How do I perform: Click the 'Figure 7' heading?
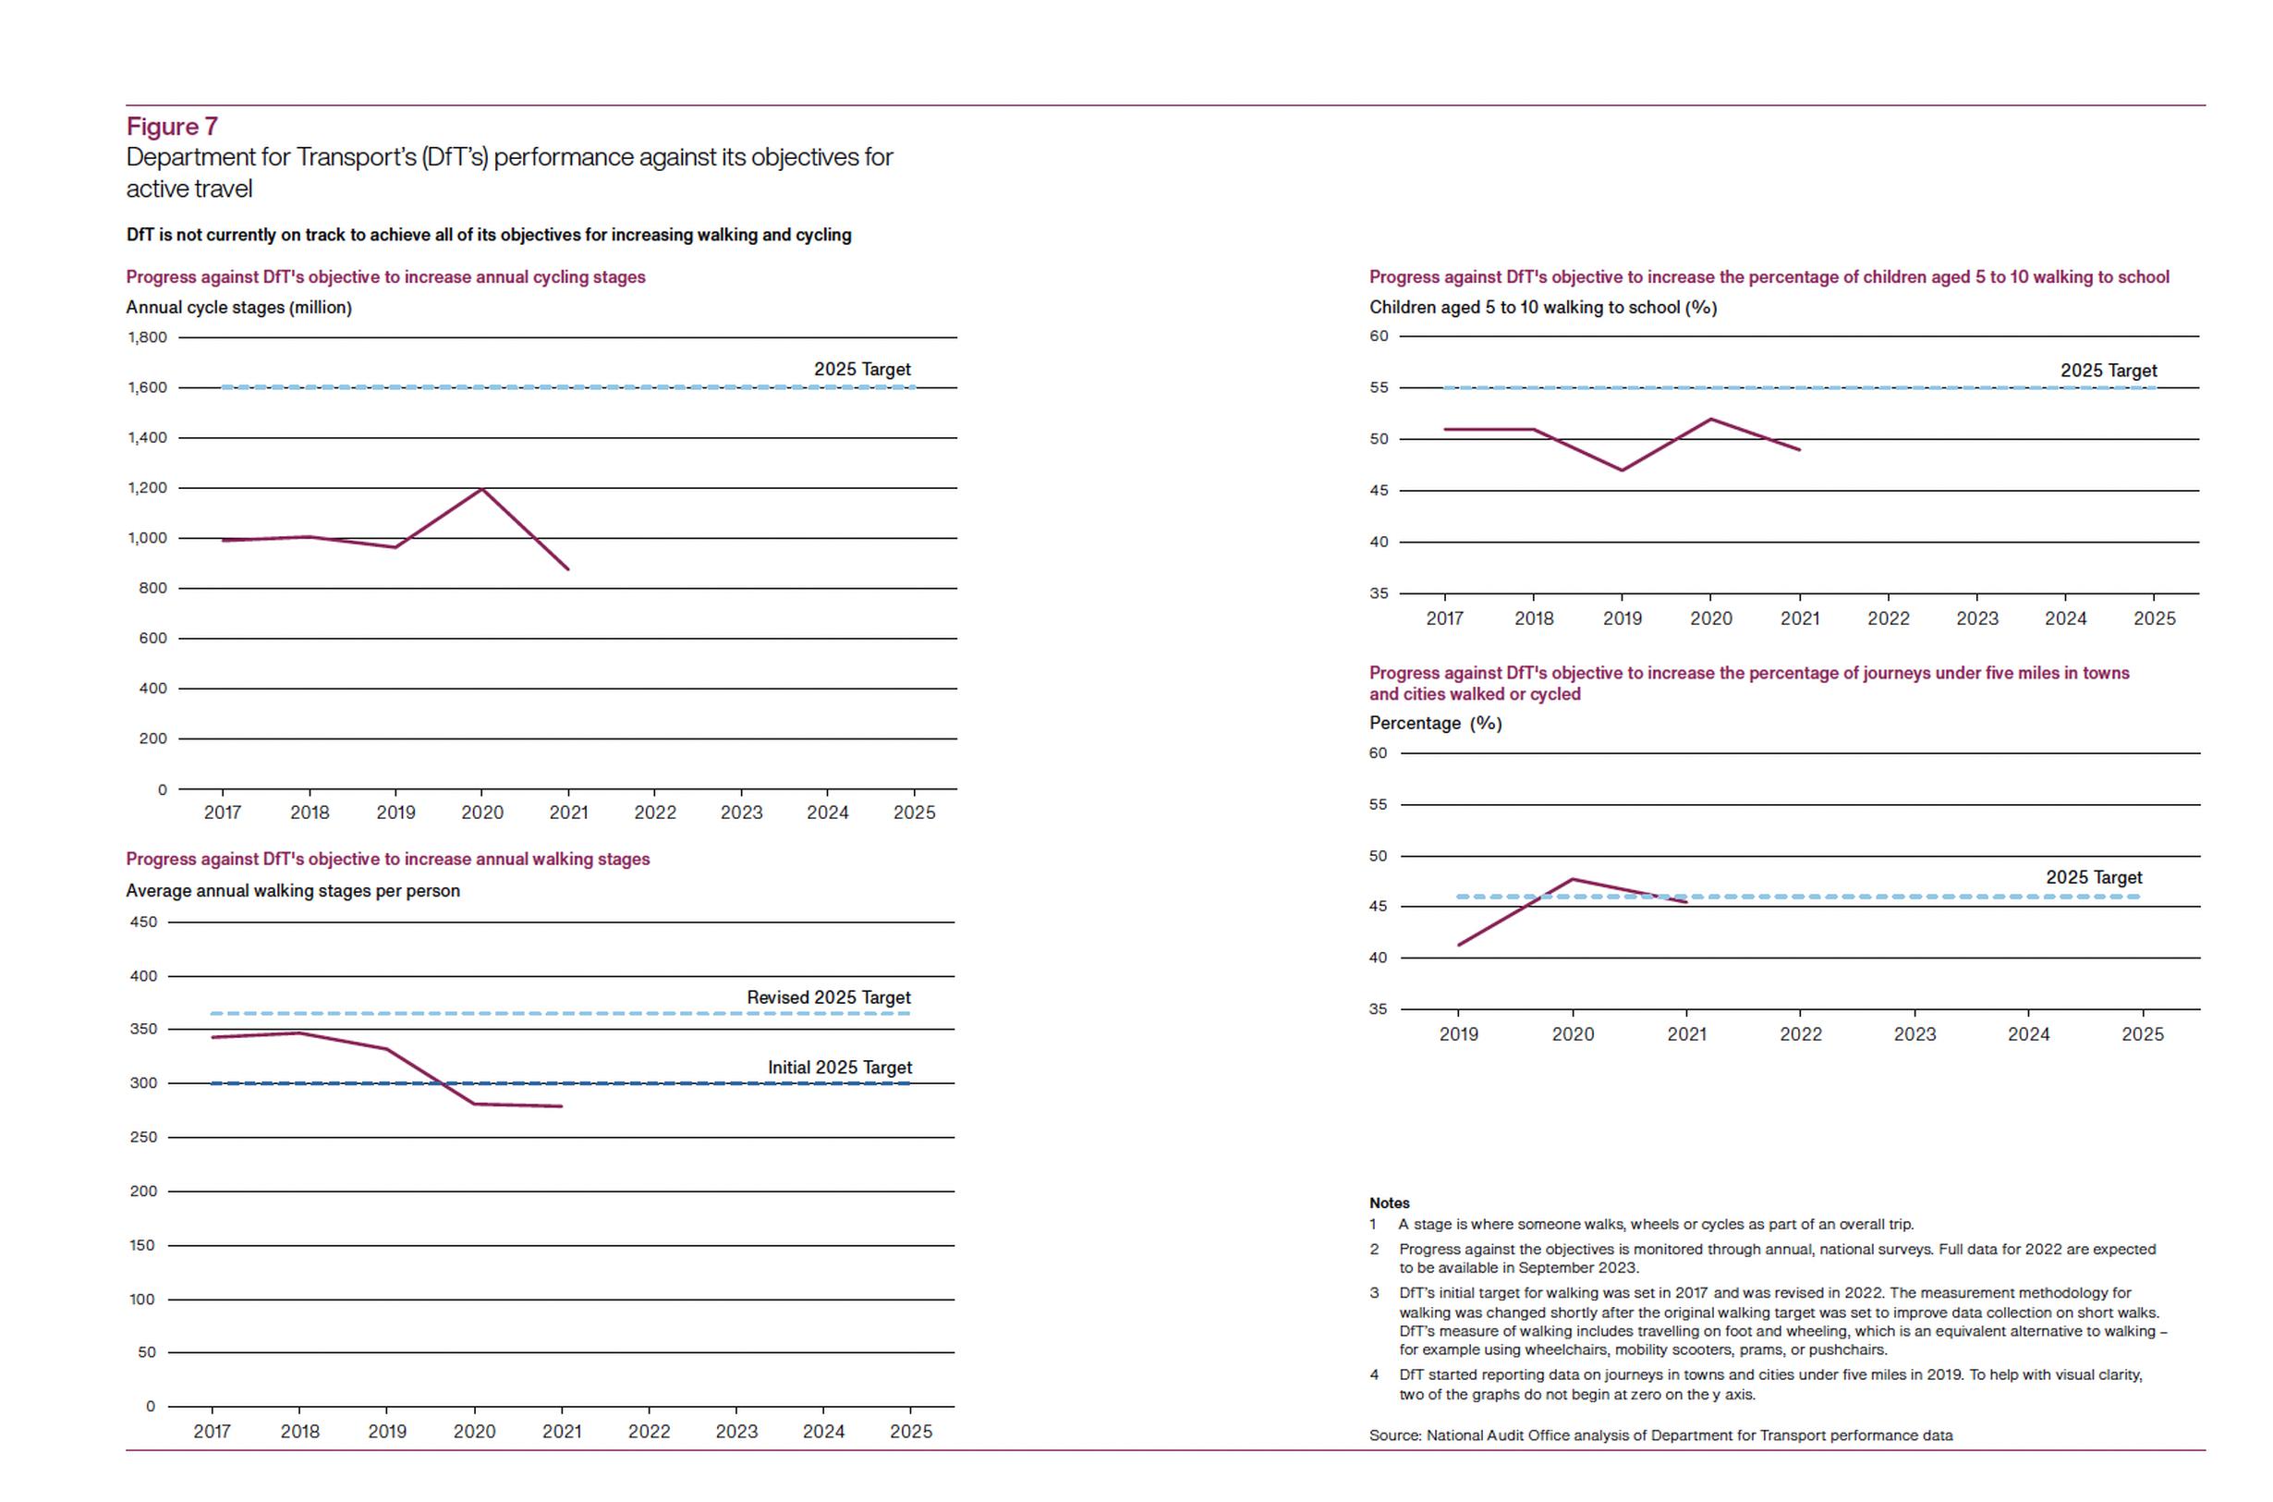coord(173,127)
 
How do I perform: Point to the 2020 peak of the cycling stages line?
coord(481,490)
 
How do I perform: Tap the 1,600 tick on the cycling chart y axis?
coord(148,388)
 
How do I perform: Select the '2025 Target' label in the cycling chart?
coord(862,369)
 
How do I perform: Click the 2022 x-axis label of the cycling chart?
coord(655,812)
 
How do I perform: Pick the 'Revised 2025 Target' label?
coord(828,997)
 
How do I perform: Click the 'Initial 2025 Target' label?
coord(840,1067)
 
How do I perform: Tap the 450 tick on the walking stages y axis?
coord(143,922)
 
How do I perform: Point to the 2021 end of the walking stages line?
coord(561,1106)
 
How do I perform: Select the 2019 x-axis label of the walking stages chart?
coord(387,1431)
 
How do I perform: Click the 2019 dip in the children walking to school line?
coord(1622,470)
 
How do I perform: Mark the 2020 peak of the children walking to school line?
coord(1711,420)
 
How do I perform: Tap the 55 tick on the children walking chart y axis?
coord(1379,388)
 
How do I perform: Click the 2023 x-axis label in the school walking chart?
coord(1977,618)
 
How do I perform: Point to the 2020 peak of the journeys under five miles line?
coord(1572,879)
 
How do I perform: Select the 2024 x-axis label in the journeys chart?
coord(2029,1034)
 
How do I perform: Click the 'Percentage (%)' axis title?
coord(1435,723)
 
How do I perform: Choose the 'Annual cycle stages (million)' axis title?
coord(239,308)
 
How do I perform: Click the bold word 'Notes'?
coord(1390,1203)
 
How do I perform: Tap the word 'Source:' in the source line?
coord(1395,1435)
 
